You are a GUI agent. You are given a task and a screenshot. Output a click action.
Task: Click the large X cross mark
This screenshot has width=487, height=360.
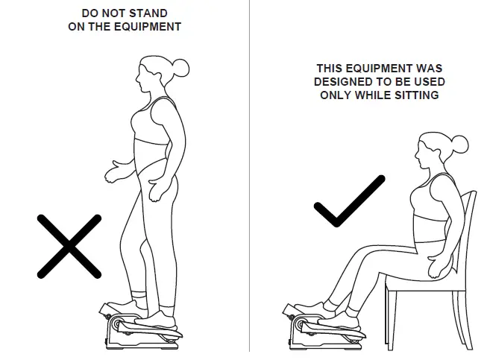point(69,246)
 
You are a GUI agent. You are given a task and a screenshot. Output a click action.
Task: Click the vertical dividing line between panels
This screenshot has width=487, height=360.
point(250,179)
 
